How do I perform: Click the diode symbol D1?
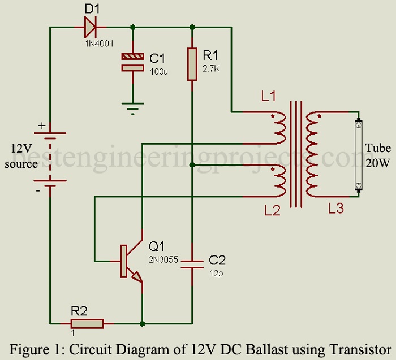point(92,26)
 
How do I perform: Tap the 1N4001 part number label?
point(93,40)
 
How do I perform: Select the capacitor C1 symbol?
point(133,62)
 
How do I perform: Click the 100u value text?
point(159,72)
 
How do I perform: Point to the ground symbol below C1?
point(133,107)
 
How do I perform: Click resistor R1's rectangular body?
point(192,64)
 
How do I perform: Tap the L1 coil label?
point(268,97)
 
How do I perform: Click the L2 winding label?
point(272,210)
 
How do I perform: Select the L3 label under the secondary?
point(335,209)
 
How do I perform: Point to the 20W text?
point(377,163)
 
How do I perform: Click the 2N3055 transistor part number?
point(163,260)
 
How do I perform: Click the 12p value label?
point(215,273)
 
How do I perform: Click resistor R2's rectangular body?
point(87,323)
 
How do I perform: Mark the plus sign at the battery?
point(41,126)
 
